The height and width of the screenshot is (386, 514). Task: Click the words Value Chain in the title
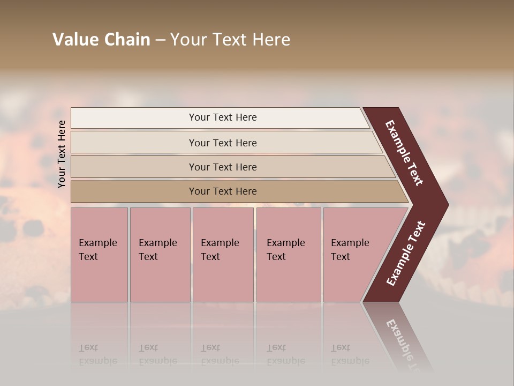pos(101,40)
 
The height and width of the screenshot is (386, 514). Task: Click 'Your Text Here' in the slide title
pos(230,40)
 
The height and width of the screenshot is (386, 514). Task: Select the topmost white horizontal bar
pos(134,118)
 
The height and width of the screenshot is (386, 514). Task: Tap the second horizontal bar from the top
pos(134,143)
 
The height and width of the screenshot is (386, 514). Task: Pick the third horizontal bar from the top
pos(134,167)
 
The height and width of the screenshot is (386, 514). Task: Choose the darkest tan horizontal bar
pos(134,191)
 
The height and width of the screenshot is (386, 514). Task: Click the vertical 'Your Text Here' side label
pos(62,154)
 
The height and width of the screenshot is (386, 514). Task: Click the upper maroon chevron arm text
pos(404,153)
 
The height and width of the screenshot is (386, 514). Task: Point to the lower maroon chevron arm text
pos(406,254)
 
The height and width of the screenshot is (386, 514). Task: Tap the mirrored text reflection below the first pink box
pos(97,354)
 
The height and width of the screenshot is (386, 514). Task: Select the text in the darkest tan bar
pos(223,191)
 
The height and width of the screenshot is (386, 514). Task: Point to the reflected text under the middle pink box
pos(220,354)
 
